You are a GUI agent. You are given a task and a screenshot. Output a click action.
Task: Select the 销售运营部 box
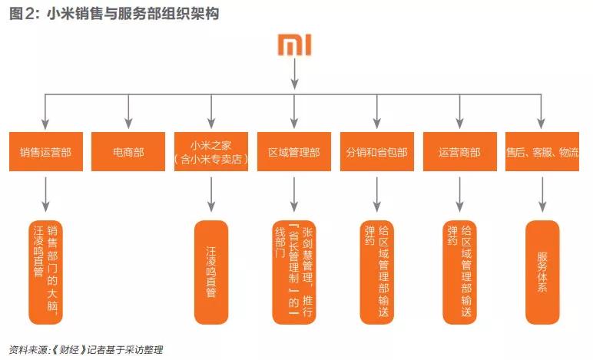click(x=46, y=152)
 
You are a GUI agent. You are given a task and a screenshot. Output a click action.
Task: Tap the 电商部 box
click(x=128, y=152)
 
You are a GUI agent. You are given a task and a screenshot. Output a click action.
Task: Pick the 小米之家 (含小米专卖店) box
click(x=211, y=152)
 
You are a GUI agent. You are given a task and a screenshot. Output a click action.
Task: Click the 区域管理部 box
click(x=293, y=152)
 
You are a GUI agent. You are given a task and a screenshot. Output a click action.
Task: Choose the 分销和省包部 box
click(x=377, y=152)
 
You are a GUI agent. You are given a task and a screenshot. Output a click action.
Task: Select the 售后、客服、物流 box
click(x=543, y=152)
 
